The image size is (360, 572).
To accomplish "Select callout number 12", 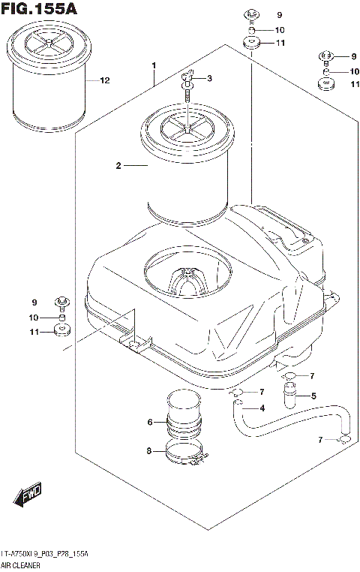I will (x=104, y=80).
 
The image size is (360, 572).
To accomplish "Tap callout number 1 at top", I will (x=153, y=66).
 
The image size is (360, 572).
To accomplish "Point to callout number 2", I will (x=118, y=165).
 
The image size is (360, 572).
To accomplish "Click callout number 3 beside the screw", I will (x=209, y=79).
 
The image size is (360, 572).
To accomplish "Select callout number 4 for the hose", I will (x=262, y=408).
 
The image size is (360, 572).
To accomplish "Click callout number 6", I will (x=150, y=423).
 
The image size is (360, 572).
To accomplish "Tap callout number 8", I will (x=150, y=451).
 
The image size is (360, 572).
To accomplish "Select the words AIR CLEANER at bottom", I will (x=21, y=564).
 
